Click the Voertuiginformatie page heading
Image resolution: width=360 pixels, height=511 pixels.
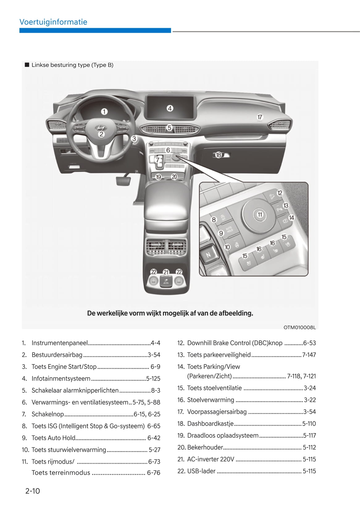click(x=53, y=22)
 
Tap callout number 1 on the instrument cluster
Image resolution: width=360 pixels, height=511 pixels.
click(x=104, y=112)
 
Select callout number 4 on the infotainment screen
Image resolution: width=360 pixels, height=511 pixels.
click(x=170, y=108)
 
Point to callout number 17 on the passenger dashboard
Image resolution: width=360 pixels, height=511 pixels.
click(x=260, y=117)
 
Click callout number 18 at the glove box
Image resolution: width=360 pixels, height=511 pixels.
click(x=218, y=155)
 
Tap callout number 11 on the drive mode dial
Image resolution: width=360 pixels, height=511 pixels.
click(x=260, y=214)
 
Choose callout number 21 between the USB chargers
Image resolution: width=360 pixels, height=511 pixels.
click(x=166, y=272)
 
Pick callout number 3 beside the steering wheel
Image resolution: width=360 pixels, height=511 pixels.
click(x=134, y=139)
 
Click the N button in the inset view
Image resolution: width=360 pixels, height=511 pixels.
click(x=208, y=255)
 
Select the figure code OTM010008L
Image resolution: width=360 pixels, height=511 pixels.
click(x=299, y=327)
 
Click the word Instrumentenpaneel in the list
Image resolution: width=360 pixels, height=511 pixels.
click(x=60, y=343)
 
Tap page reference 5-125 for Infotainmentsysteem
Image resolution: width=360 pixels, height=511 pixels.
click(x=153, y=378)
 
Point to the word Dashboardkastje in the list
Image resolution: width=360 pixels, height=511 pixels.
click(x=210, y=424)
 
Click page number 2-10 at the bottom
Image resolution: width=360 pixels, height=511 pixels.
click(x=32, y=491)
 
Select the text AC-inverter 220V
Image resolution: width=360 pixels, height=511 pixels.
click(x=211, y=459)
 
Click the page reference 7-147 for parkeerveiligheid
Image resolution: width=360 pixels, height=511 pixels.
click(x=309, y=355)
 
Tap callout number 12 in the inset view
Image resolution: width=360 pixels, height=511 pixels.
click(x=280, y=193)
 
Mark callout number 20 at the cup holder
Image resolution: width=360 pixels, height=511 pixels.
click(x=174, y=177)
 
